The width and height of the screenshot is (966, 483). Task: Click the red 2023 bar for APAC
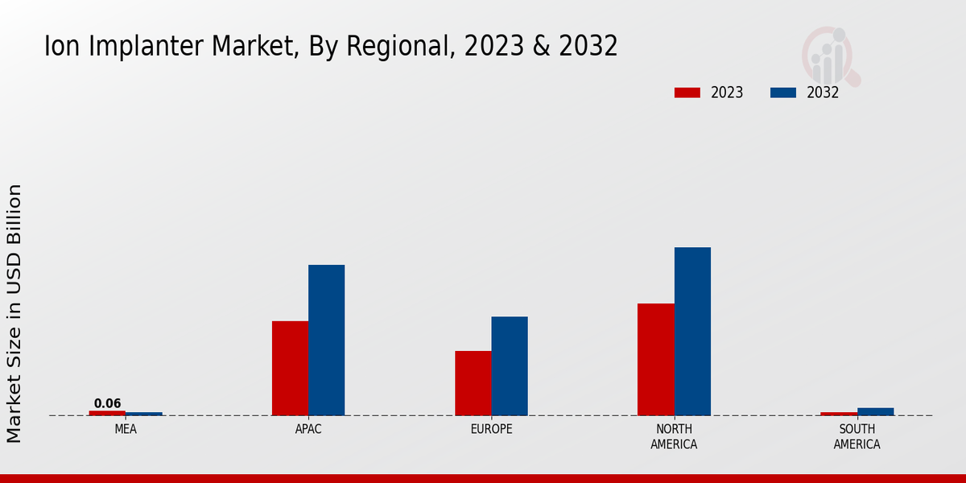290,368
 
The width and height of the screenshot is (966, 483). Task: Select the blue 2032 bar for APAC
326,340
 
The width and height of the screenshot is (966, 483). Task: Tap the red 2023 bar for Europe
473,383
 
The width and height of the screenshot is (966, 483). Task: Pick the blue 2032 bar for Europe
510,365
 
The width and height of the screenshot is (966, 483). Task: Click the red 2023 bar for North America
655,359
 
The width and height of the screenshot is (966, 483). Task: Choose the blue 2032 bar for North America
692,331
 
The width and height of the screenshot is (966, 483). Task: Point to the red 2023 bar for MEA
107,413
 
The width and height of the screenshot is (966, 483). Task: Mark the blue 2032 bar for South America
875,411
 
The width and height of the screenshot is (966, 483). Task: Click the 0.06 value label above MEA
107,403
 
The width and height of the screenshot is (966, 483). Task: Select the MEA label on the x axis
126,430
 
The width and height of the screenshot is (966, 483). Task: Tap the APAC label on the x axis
308,430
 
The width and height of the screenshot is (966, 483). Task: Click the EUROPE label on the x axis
491,430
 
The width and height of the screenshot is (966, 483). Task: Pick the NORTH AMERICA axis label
674,437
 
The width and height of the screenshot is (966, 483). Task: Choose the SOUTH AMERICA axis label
857,437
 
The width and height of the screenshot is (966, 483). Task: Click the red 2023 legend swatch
687,93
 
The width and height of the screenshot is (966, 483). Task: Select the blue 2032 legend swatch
782,93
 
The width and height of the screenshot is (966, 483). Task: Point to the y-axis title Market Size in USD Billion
14,313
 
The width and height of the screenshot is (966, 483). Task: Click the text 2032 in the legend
823,93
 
